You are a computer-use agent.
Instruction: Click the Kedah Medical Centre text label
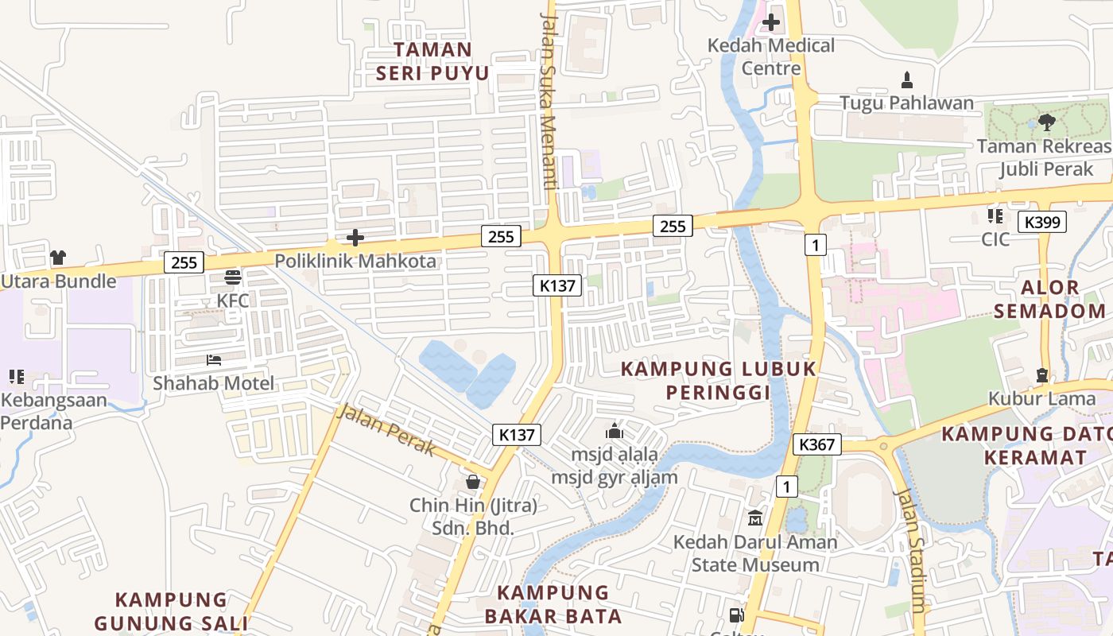[x=770, y=56]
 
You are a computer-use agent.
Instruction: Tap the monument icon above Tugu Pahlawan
[x=906, y=79]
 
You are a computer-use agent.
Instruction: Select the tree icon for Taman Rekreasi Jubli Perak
[x=1046, y=122]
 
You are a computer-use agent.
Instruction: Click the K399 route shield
[x=1041, y=223]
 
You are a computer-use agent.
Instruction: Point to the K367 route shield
[x=817, y=444]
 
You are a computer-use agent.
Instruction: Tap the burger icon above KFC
[x=233, y=277]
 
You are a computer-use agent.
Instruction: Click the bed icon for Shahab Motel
[x=213, y=360]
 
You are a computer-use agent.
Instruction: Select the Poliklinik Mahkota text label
[x=355, y=261]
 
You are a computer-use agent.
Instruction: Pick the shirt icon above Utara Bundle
[x=58, y=258]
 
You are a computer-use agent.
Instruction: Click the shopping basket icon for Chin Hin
[x=473, y=482]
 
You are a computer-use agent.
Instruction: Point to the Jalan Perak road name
[x=386, y=430]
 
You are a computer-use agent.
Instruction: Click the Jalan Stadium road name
[x=910, y=549]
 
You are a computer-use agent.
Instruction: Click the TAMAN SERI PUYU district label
[x=432, y=61]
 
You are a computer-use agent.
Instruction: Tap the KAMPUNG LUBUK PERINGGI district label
[x=718, y=381]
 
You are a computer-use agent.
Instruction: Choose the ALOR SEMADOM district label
[x=1049, y=299]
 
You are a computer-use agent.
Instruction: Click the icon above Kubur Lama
[x=1042, y=375]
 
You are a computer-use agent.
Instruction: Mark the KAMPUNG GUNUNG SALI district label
[x=171, y=611]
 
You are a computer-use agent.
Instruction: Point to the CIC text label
[x=995, y=239]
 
